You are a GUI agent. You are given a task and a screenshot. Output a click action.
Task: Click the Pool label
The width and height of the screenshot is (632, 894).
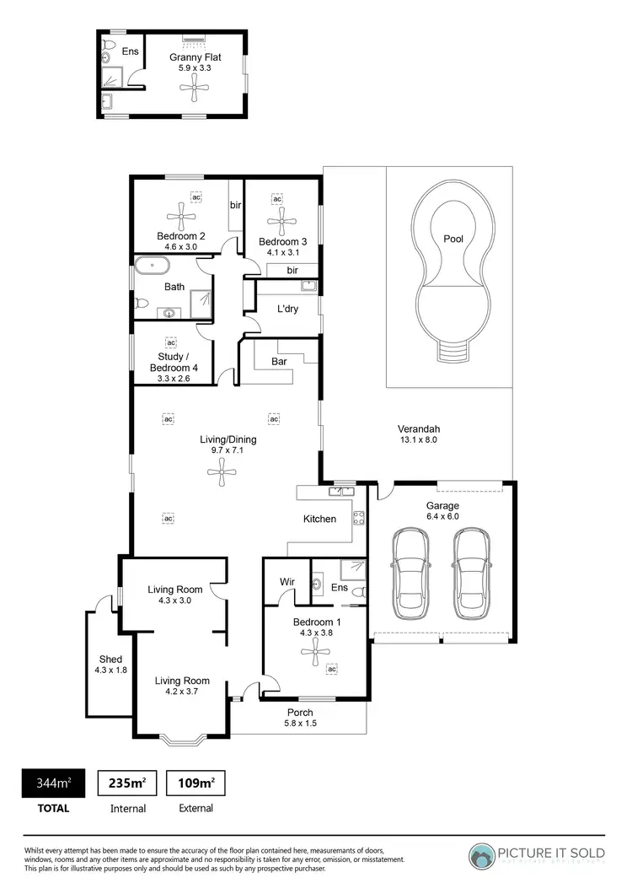click(x=453, y=239)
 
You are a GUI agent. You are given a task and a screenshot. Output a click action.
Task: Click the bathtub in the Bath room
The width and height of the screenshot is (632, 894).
click(x=151, y=266)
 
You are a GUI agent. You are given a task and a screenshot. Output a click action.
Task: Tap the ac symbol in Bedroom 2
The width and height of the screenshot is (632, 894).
click(x=196, y=197)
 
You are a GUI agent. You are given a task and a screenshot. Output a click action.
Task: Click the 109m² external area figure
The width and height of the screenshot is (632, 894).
click(x=195, y=784)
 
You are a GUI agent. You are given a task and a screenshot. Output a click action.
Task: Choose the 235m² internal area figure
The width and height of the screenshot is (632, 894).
click(x=127, y=784)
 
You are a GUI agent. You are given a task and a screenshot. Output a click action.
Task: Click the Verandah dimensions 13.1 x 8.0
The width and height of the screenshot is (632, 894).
click(x=418, y=439)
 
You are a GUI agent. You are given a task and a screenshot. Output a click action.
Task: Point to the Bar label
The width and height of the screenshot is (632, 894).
click(x=279, y=361)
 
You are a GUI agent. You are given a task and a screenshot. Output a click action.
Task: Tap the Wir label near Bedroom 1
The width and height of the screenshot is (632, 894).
click(x=286, y=581)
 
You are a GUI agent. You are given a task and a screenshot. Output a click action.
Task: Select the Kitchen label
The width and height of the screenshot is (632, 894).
click(x=319, y=519)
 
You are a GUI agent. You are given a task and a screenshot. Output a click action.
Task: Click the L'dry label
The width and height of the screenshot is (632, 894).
click(x=289, y=308)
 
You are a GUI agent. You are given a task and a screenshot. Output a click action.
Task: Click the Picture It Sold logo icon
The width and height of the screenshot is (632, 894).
click(x=483, y=856)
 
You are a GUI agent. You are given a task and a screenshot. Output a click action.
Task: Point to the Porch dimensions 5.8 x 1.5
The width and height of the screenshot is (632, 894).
click(x=300, y=723)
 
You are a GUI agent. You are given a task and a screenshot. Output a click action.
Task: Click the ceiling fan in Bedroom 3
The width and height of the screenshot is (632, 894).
click(x=279, y=221)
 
